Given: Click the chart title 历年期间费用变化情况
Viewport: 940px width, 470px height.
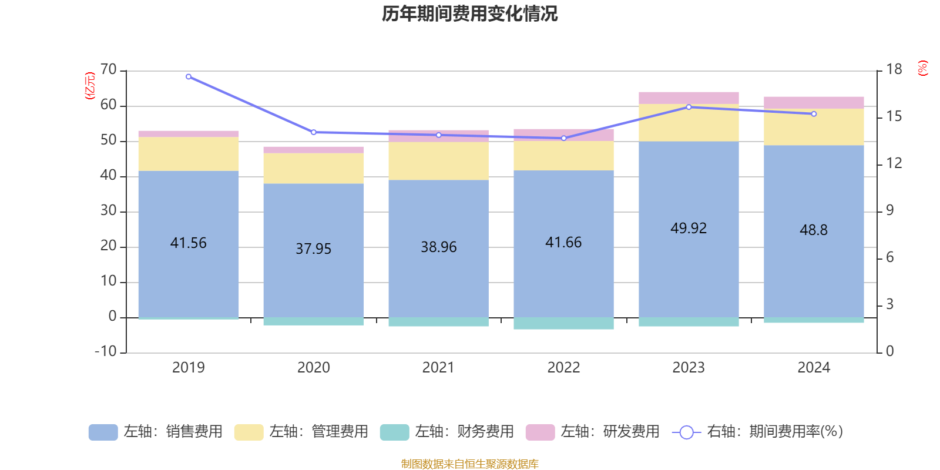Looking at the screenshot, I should [469, 14].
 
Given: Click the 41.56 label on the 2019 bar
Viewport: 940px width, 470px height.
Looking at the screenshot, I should [188, 243].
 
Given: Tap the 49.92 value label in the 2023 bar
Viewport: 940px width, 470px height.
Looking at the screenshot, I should [689, 228].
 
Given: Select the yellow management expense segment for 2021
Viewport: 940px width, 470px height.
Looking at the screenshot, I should [438, 160].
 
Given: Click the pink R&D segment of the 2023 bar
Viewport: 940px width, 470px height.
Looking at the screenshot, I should [689, 98].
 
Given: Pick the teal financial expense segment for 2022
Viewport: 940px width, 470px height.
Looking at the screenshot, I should [563, 323].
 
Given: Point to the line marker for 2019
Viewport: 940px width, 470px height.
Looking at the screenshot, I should [189, 76].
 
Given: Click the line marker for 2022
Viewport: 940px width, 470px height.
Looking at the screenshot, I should [563, 138].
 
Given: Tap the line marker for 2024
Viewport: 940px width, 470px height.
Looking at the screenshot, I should [814, 114].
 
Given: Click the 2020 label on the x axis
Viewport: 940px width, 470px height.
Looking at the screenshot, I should [313, 368].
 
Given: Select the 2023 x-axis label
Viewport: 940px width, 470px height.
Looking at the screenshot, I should [689, 368].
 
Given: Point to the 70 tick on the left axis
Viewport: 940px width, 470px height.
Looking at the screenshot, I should [109, 70].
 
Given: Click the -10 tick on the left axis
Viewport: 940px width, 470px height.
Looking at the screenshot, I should [106, 351].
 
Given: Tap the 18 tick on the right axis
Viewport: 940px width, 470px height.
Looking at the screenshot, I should [894, 69].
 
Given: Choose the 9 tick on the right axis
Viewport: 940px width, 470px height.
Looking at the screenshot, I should [889, 210].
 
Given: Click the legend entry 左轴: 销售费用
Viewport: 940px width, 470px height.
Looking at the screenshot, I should [156, 432].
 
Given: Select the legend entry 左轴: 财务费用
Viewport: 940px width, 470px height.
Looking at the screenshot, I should [447, 432].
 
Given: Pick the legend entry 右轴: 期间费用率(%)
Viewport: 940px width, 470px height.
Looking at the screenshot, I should [758, 432].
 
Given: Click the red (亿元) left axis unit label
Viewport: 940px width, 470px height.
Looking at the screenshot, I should [90, 86].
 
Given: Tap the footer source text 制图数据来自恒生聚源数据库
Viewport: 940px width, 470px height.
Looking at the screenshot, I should [469, 464].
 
